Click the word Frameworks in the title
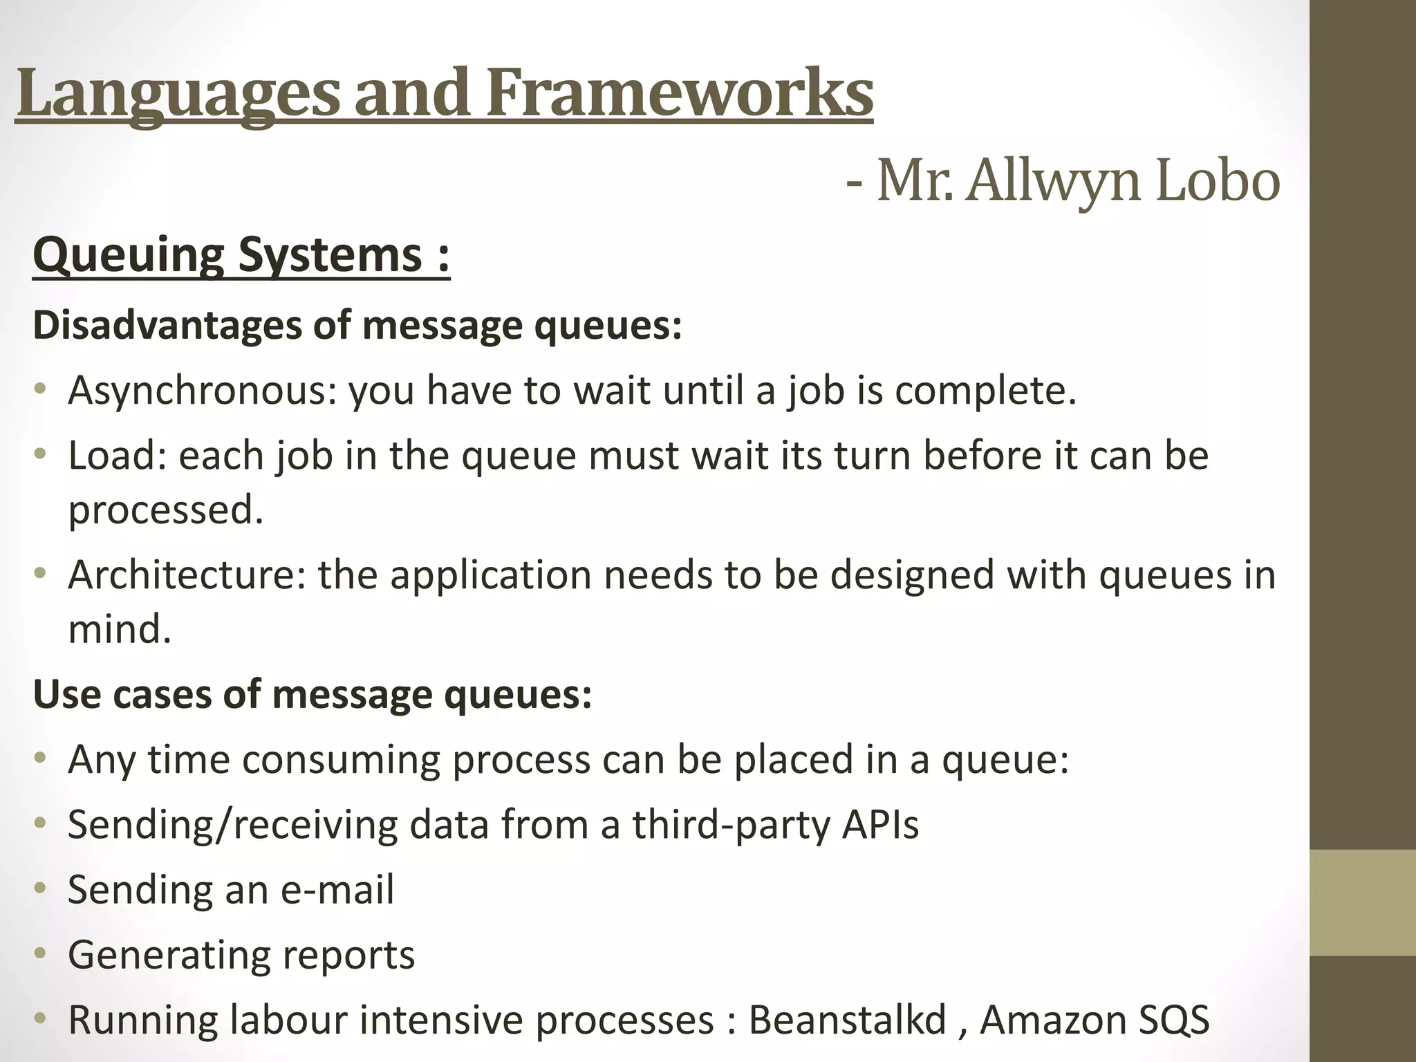680,93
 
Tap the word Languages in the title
178,93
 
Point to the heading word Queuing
128,255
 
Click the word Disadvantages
167,325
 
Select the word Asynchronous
202,391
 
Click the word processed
166,510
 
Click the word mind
119,629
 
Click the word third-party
732,825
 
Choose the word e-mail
337,889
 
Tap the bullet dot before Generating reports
41,953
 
